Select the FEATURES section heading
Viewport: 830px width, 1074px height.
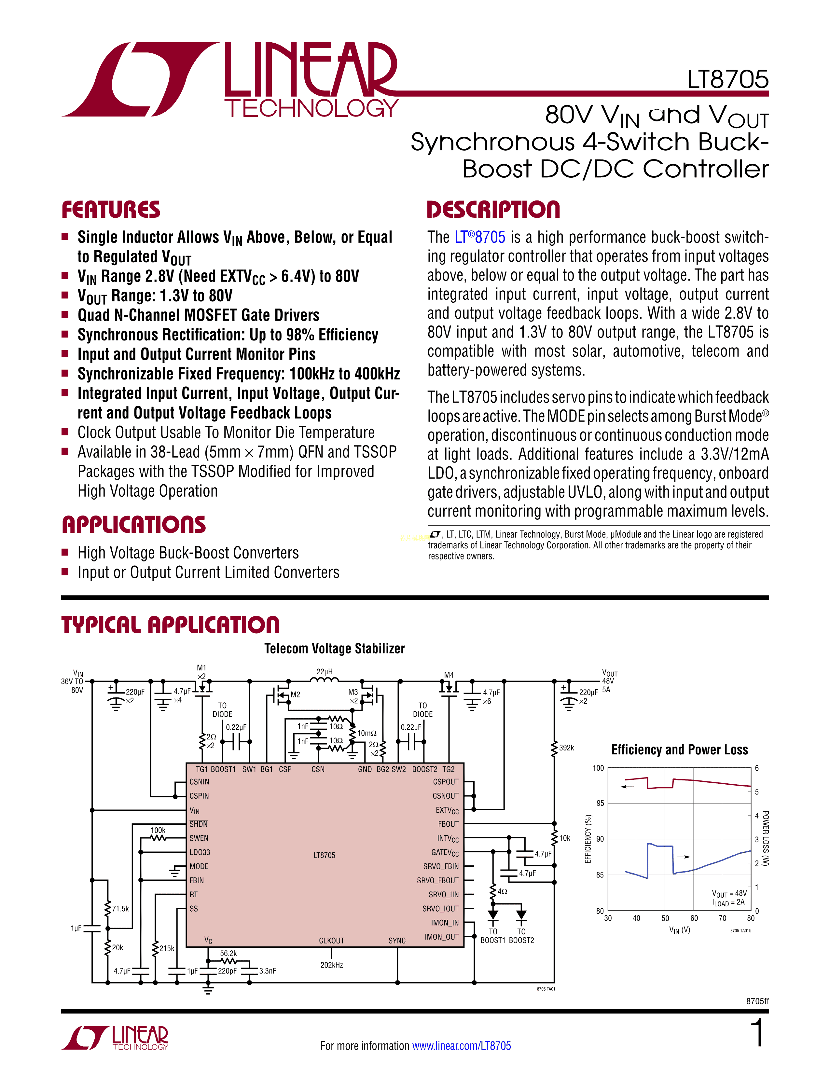[111, 210]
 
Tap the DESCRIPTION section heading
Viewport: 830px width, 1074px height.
[493, 210]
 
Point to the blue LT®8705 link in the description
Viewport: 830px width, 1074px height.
[479, 238]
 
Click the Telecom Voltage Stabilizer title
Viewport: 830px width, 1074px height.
[334, 649]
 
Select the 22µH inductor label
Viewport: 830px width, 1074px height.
[325, 671]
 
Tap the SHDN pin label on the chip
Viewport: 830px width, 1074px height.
[199, 824]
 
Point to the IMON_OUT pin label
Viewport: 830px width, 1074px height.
[442, 937]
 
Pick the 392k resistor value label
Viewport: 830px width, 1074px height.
[566, 748]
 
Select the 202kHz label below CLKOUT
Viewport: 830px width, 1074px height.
[331, 965]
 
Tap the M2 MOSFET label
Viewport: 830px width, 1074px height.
[295, 695]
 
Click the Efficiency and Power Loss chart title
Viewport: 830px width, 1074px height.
[680, 750]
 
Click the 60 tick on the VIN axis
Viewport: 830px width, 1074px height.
[694, 918]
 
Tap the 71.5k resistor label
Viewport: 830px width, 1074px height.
[120, 909]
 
